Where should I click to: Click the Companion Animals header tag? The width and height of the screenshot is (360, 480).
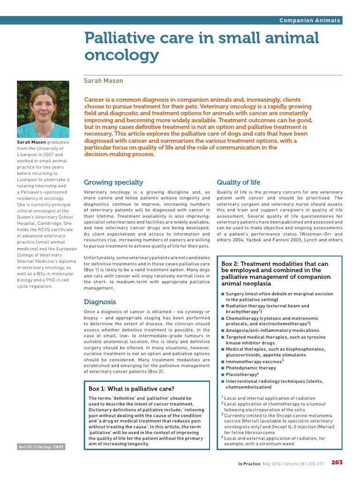(x=310, y=20)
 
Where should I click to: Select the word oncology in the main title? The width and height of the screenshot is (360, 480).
(x=121, y=55)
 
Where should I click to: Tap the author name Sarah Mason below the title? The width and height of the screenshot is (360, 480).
(x=103, y=81)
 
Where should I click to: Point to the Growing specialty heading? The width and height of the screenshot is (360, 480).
(x=113, y=182)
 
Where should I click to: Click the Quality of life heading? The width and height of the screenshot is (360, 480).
(x=238, y=182)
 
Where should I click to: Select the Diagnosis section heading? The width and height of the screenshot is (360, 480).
(x=100, y=301)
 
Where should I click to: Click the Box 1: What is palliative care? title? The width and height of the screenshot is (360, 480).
(x=131, y=389)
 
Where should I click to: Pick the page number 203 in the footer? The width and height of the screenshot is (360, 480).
(x=337, y=462)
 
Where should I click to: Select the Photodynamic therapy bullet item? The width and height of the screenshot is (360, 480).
(x=251, y=368)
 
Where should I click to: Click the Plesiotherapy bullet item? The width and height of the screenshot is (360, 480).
(x=242, y=375)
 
